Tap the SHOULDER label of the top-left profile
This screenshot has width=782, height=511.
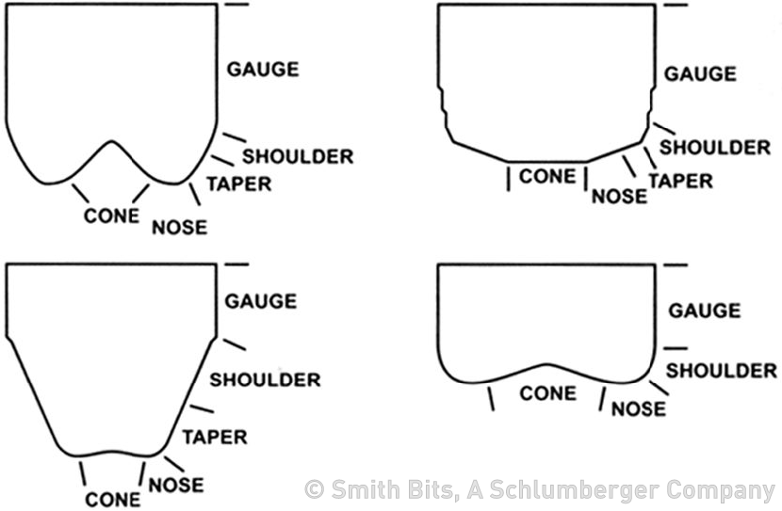[298, 155]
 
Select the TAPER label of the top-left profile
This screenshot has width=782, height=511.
[238, 184]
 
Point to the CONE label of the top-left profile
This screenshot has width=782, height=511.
[112, 216]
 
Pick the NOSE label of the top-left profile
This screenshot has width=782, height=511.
[179, 227]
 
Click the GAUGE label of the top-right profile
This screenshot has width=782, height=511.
[701, 73]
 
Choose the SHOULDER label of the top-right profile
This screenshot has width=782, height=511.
[715, 148]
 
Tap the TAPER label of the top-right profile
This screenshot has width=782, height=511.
[681, 180]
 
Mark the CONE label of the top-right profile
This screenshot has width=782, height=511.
[547, 176]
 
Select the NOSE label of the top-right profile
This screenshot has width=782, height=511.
[619, 196]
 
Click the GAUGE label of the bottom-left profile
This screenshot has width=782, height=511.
[260, 301]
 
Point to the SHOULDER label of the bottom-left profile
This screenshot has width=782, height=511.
[265, 379]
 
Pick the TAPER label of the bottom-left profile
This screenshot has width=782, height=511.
[214, 437]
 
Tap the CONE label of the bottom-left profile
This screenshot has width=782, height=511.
[113, 499]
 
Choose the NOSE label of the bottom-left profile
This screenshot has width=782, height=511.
[176, 485]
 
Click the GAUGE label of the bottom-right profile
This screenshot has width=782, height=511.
[705, 310]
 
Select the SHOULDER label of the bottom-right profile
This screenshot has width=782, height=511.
[722, 371]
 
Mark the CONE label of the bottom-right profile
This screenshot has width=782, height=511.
[547, 392]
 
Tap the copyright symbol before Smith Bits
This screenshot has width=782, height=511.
[314, 490]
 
